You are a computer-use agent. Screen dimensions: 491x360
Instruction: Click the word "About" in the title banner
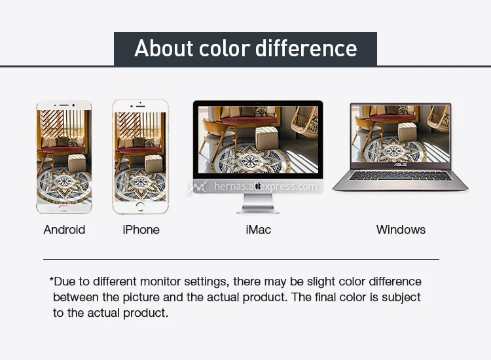(164, 48)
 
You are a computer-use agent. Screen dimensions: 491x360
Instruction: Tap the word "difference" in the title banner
(306, 48)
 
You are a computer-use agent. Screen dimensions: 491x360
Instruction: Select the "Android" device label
(64, 230)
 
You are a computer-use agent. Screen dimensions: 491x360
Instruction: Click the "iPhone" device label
(141, 230)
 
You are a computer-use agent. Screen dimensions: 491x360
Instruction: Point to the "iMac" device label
(259, 230)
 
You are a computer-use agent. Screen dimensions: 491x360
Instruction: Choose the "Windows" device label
(401, 230)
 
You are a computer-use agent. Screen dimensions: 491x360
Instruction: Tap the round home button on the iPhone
(140, 207)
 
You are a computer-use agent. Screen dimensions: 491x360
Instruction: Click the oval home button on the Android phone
(64, 208)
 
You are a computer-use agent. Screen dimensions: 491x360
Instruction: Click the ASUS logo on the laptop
(400, 165)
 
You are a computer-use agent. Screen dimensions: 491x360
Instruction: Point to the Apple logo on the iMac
(258, 186)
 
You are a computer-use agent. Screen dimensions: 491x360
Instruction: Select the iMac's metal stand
(258, 204)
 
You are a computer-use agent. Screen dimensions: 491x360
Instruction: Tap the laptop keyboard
(401, 175)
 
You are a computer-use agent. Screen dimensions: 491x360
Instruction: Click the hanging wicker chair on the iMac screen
(305, 122)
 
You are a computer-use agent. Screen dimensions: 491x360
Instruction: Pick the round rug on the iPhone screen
(140, 184)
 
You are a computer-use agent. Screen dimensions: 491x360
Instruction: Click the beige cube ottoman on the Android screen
(77, 163)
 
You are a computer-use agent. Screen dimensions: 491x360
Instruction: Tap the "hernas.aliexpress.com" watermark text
(266, 187)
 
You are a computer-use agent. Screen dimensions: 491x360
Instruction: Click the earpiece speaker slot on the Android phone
(64, 105)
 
